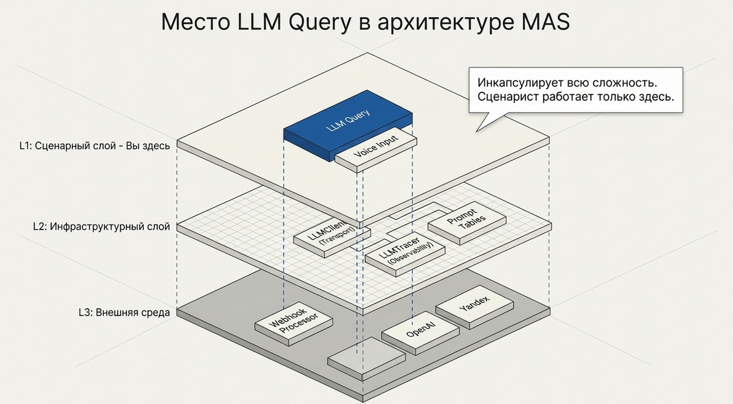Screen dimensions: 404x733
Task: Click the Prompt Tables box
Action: coord(467,223)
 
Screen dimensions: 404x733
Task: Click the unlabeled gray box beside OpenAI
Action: coord(366,357)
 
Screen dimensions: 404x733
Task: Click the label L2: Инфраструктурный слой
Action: coord(102,226)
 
